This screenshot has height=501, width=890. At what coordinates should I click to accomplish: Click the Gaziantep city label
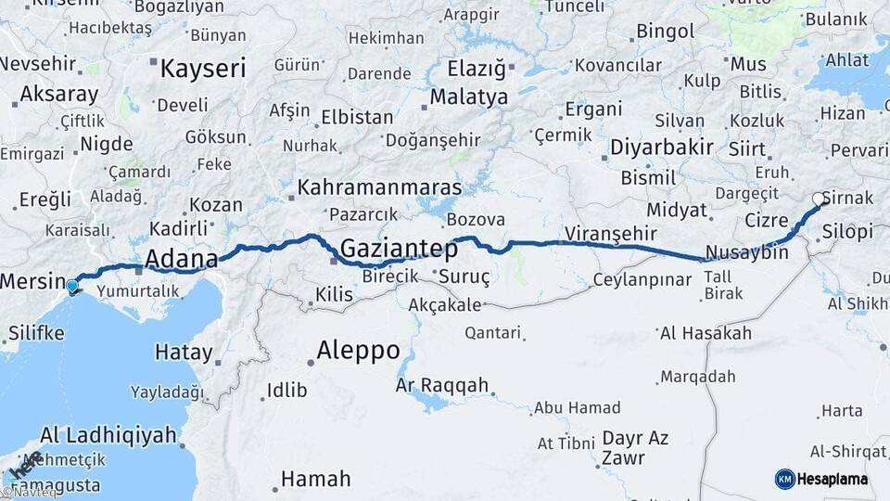399,249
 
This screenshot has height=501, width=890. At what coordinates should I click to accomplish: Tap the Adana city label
182,258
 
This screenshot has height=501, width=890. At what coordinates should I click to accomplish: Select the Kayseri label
203,69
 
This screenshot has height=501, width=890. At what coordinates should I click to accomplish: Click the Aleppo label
358,351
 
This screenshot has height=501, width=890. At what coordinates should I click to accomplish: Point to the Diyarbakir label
662,148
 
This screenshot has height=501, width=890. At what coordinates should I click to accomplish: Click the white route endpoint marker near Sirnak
819,199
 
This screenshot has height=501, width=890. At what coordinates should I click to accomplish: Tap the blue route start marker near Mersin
72,285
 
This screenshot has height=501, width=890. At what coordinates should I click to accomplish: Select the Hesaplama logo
822,479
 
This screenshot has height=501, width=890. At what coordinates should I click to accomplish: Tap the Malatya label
469,97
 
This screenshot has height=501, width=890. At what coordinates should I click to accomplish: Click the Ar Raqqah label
441,384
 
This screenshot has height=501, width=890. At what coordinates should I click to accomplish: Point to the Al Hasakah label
705,332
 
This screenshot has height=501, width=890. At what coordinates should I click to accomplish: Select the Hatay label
184,353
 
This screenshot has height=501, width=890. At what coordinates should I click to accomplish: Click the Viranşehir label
611,234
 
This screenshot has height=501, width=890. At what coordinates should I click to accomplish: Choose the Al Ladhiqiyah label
108,435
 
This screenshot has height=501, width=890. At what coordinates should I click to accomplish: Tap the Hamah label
315,480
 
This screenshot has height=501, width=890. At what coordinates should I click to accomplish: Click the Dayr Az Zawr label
635,447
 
